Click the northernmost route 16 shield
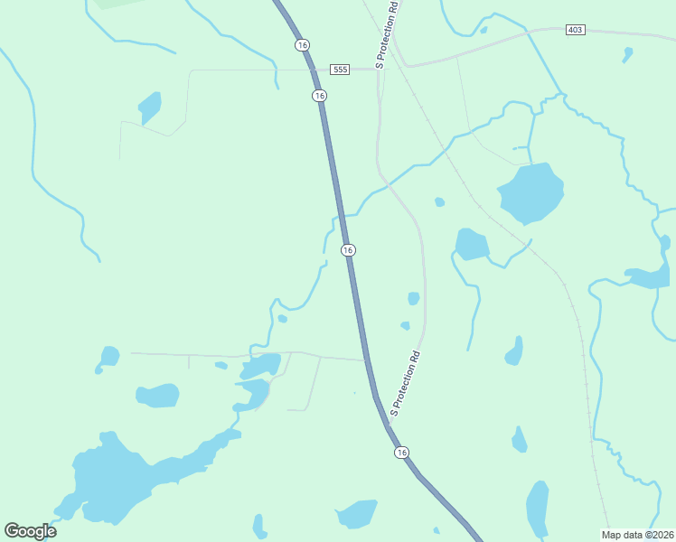tap(302, 44)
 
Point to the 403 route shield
tap(576, 30)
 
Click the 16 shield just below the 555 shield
tap(319, 95)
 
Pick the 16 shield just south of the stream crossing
tap(348, 249)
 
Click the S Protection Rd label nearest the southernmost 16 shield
tap(406, 384)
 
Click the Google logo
tap(31, 530)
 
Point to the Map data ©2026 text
tap(637, 534)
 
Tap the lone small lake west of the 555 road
tap(150, 107)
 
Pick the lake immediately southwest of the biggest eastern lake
tap(471, 244)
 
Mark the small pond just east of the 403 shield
tap(627, 54)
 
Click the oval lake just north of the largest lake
tap(157, 395)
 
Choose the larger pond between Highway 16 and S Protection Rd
tap(413, 298)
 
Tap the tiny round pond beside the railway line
tap(439, 201)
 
